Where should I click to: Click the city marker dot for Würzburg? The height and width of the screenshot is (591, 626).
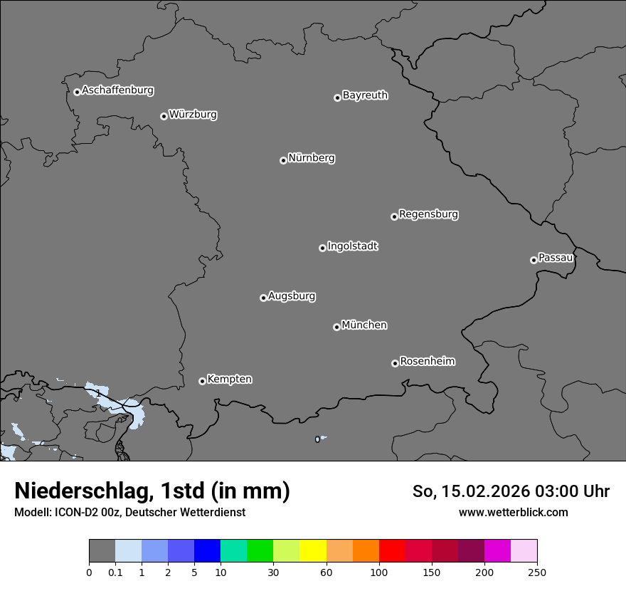(x=164, y=116)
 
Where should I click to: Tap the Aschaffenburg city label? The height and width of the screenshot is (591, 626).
(x=117, y=90)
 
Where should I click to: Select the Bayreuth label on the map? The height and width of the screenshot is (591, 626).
(x=365, y=95)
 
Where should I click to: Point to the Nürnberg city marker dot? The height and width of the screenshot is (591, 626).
(x=283, y=160)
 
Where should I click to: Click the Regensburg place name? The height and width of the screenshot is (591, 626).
(x=428, y=214)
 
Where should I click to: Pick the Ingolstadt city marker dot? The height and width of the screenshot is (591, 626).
(x=322, y=248)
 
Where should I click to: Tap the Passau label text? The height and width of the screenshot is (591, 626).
(x=556, y=258)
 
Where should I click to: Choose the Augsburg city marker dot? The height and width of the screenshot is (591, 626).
(x=263, y=298)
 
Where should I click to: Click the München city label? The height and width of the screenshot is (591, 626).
(x=364, y=325)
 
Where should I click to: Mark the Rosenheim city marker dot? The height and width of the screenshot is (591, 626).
(x=395, y=364)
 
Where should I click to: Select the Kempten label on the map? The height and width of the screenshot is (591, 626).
(x=229, y=380)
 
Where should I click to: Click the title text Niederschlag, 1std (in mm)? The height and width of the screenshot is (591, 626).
(x=152, y=491)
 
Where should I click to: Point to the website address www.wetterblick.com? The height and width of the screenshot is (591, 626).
(x=513, y=512)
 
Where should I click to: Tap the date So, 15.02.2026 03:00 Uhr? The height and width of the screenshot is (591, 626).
(x=511, y=491)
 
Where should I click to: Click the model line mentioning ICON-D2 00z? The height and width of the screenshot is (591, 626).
(x=129, y=512)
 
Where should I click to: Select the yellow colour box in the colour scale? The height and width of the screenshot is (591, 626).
(x=313, y=551)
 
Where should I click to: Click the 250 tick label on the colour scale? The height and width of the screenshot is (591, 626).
(x=537, y=572)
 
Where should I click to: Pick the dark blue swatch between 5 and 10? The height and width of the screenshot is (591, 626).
(x=207, y=551)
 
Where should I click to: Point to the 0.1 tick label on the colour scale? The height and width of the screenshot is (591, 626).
(x=115, y=572)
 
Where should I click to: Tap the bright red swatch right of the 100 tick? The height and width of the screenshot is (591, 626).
(x=392, y=551)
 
